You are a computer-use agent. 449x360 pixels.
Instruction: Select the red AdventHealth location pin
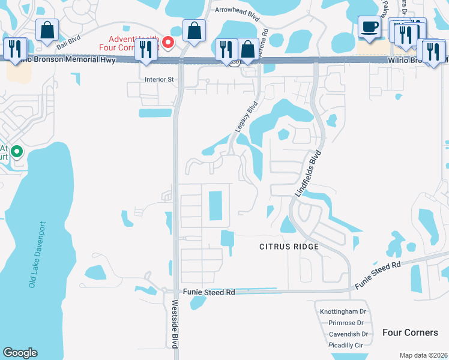pyautogui.click(x=169, y=42)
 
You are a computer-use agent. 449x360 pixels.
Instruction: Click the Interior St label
pyautogui.click(x=159, y=79)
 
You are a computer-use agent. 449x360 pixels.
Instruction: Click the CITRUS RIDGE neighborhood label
pyautogui.click(x=288, y=247)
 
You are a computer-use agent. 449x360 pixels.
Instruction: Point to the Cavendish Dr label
pyautogui.click(x=348, y=334)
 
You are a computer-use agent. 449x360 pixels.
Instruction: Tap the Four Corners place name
pyautogui.click(x=411, y=332)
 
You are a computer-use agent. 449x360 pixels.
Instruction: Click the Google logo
pyautogui.click(x=20, y=353)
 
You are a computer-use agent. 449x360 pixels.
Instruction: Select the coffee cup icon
pyautogui.click(x=369, y=26)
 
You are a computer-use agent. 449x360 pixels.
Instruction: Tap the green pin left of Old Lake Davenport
pyautogui.click(x=17, y=152)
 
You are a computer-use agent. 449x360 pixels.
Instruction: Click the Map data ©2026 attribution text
pyautogui.click(x=423, y=355)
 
